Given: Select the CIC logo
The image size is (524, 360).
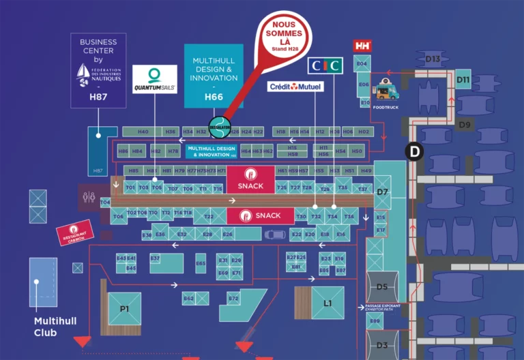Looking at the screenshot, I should [325, 66].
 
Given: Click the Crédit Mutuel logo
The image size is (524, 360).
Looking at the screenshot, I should [295, 87].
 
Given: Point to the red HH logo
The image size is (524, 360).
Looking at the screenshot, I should [362, 46].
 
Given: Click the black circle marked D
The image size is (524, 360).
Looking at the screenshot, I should [414, 151].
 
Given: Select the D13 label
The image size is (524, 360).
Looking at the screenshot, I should [433, 59].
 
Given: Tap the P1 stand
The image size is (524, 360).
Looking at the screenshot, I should [124, 309].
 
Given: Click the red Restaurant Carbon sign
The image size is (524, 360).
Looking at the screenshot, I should [74, 231].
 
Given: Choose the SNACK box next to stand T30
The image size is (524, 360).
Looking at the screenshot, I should [260, 215].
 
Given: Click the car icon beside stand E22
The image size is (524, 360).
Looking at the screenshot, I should [275, 234].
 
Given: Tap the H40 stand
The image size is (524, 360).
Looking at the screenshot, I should [143, 131].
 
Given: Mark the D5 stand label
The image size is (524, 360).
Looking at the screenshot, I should [382, 286].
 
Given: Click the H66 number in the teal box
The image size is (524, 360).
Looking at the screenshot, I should [214, 97].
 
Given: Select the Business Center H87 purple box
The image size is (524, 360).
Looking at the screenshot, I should [98, 70].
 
